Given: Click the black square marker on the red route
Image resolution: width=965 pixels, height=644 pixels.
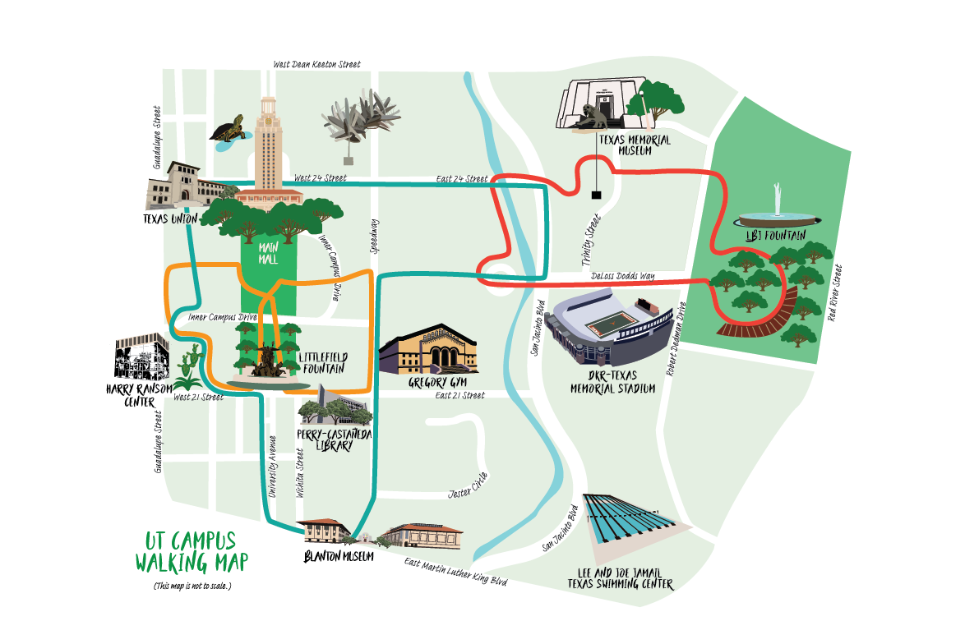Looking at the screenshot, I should [x=594, y=195].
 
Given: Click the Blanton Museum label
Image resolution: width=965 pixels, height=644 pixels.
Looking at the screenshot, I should [x=339, y=556].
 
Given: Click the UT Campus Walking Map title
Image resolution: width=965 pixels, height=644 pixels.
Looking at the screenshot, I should [x=190, y=552].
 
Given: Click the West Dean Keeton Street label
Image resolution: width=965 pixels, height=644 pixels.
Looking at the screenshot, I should [x=316, y=64].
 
